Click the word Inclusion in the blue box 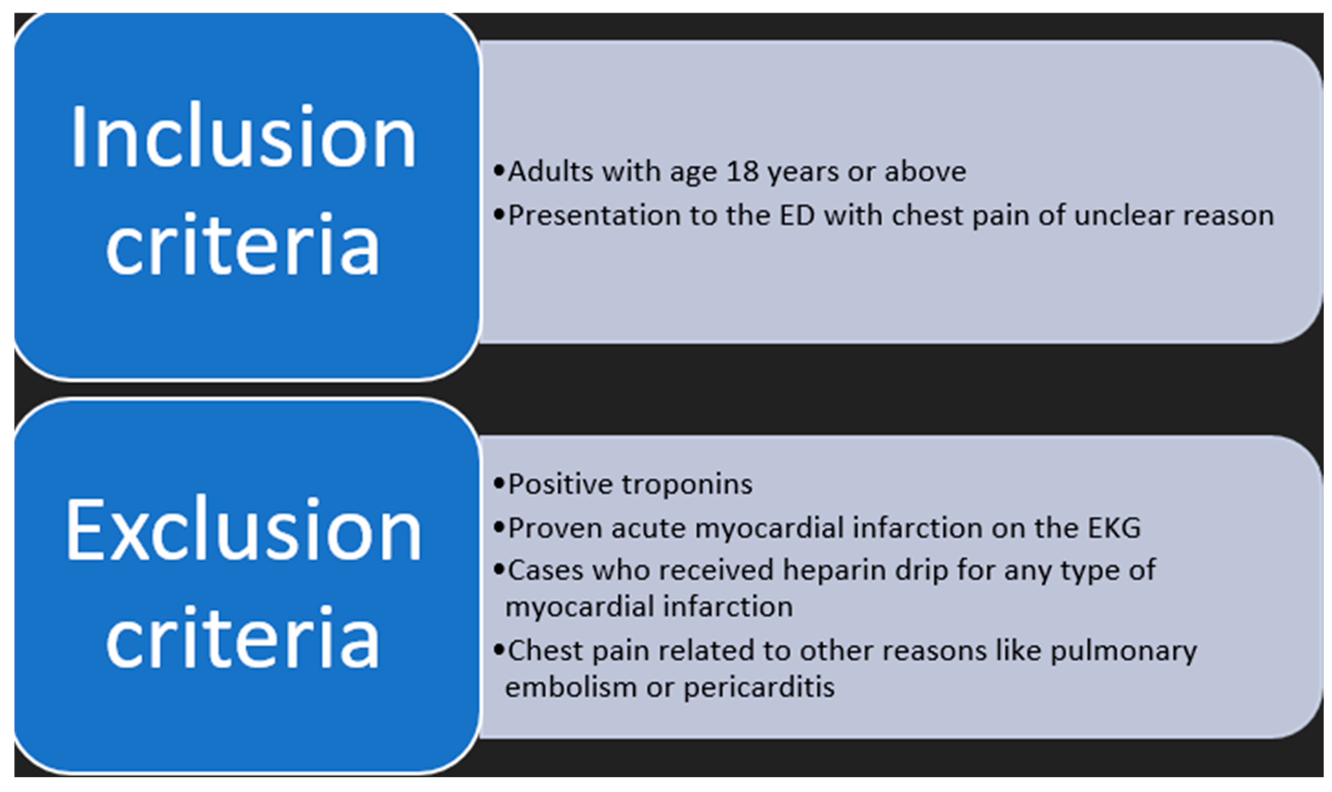(243, 136)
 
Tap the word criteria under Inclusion (243, 244)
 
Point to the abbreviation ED (797, 215)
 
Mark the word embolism (571, 687)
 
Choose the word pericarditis (759, 687)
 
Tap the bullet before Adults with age (499, 171)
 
